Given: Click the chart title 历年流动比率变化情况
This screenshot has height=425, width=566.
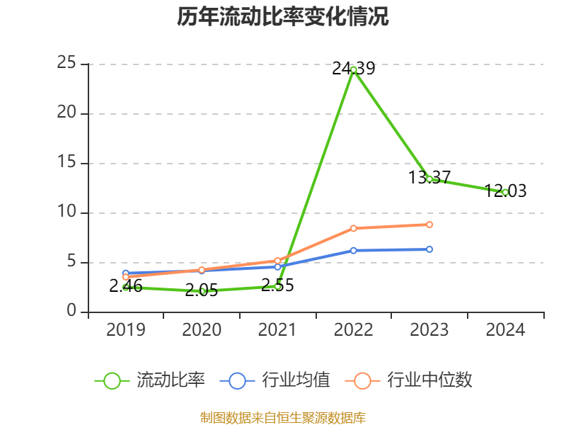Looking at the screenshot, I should click(x=283, y=16).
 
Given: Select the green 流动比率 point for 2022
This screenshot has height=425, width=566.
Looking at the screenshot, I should click(x=353, y=69).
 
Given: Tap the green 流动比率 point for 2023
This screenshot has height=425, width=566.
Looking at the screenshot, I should click(x=429, y=179).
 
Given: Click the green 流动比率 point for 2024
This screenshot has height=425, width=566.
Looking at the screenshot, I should click(x=504, y=192).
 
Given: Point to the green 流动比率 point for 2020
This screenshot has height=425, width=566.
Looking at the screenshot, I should click(x=202, y=291).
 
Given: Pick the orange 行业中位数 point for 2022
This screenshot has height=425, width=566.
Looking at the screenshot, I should click(x=353, y=228).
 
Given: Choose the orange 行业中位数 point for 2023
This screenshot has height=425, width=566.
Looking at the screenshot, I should click(x=429, y=225).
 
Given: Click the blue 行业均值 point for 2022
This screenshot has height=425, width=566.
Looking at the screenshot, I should click(x=353, y=250).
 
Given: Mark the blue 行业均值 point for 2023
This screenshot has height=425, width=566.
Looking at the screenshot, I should click(x=429, y=249).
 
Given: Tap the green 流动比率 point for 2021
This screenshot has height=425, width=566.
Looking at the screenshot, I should click(x=277, y=286).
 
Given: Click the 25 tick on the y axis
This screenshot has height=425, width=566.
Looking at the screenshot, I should click(x=67, y=63).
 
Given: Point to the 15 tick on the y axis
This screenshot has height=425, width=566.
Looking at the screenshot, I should click(x=67, y=162).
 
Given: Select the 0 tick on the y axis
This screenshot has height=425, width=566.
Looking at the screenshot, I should click(x=71, y=311).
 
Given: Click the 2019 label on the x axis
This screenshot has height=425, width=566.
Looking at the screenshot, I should click(x=126, y=330).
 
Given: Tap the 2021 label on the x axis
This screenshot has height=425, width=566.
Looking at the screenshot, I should click(x=277, y=330).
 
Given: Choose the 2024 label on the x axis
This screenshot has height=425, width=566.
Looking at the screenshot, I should click(x=504, y=330).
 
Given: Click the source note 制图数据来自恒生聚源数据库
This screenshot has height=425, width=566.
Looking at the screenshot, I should click(x=283, y=417).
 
